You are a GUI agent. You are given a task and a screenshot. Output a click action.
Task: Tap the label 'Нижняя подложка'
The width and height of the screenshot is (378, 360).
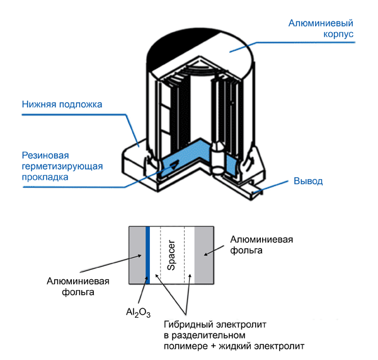pyautogui.click(x=60, y=104)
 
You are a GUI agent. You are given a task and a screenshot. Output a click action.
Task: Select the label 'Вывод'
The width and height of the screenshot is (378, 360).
pyautogui.click(x=308, y=181)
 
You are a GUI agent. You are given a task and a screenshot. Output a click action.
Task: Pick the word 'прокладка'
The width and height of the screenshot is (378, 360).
pyautogui.click(x=45, y=178)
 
